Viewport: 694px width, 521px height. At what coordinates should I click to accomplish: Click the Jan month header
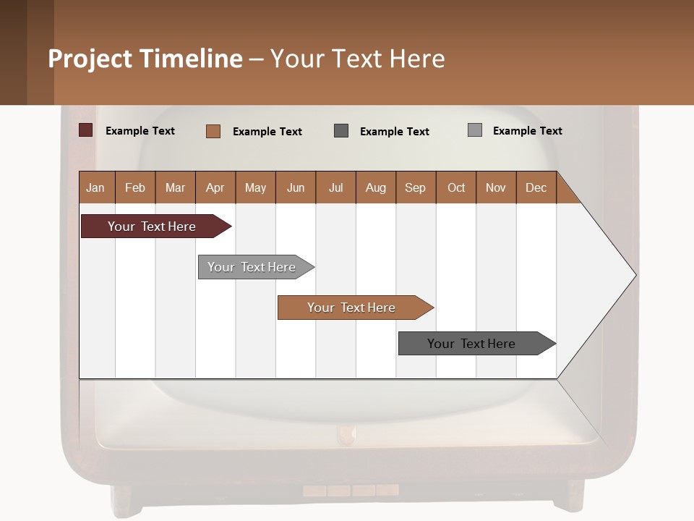point(95,187)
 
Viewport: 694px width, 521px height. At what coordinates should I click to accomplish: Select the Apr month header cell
point(215,187)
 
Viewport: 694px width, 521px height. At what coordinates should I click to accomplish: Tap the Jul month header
point(335,187)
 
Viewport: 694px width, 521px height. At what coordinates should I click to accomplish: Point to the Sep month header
point(415,187)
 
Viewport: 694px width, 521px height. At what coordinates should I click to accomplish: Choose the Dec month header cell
point(536,187)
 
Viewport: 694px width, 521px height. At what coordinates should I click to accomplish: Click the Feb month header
point(135,187)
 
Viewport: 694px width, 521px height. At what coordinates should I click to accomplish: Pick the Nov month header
point(496,187)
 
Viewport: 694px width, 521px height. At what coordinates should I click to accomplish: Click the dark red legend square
point(85,130)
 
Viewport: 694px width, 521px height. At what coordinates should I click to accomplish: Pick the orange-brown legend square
point(213,131)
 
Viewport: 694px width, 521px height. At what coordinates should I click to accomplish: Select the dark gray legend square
point(341,130)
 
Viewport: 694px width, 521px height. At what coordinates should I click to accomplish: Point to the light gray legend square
point(474,130)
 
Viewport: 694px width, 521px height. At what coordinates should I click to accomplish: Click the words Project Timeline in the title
point(145,59)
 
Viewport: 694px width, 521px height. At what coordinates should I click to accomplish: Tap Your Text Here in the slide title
point(357,59)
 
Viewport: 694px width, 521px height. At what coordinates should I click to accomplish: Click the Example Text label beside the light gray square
point(527,131)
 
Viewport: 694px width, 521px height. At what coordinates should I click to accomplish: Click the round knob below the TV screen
point(347,434)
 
